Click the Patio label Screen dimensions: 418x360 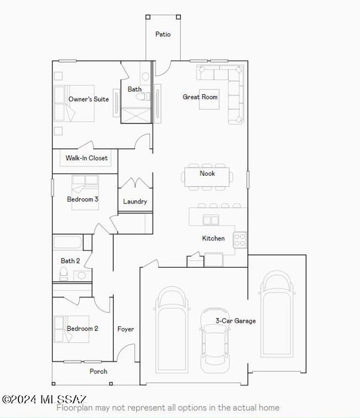tap(163, 34)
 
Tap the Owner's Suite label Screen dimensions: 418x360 tap(88, 99)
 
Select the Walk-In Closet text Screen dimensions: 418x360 tap(87, 158)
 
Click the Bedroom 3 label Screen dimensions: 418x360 tap(82, 199)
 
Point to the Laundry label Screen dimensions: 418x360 tap(135, 201)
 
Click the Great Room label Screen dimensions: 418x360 tap(200, 97)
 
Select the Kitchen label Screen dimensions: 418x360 tap(213, 238)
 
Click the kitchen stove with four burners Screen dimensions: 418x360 tap(240, 239)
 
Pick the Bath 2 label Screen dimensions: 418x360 tap(70, 261)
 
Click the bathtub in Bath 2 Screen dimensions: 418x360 tap(68, 242)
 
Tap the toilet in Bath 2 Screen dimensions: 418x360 tap(64, 274)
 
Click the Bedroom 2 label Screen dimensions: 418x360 tap(82, 329)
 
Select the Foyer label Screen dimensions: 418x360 tap(125, 329)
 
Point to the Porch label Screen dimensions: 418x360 tap(99, 372)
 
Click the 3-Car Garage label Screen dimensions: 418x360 tap(235, 321)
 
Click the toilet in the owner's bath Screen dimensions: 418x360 tap(143, 97)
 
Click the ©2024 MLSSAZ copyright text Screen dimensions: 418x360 tap(45, 399)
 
